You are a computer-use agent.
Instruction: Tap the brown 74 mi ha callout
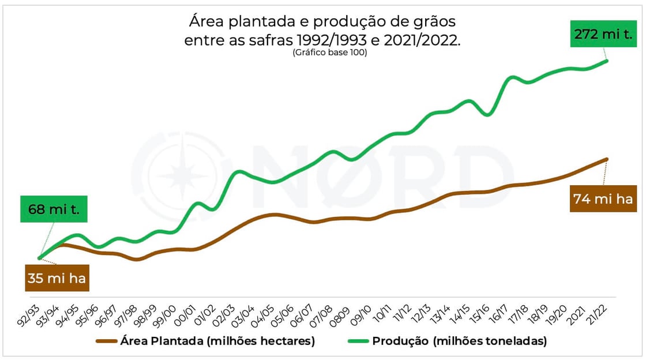(603, 200)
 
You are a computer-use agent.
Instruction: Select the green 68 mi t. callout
(54, 209)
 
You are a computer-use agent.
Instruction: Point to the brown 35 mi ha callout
(57, 279)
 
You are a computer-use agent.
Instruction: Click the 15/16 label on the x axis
(481, 316)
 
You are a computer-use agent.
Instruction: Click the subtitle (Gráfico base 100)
(329, 53)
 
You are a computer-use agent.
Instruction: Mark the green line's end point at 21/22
(607, 60)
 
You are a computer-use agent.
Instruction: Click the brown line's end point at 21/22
(607, 159)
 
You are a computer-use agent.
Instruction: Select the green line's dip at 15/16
(488, 115)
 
